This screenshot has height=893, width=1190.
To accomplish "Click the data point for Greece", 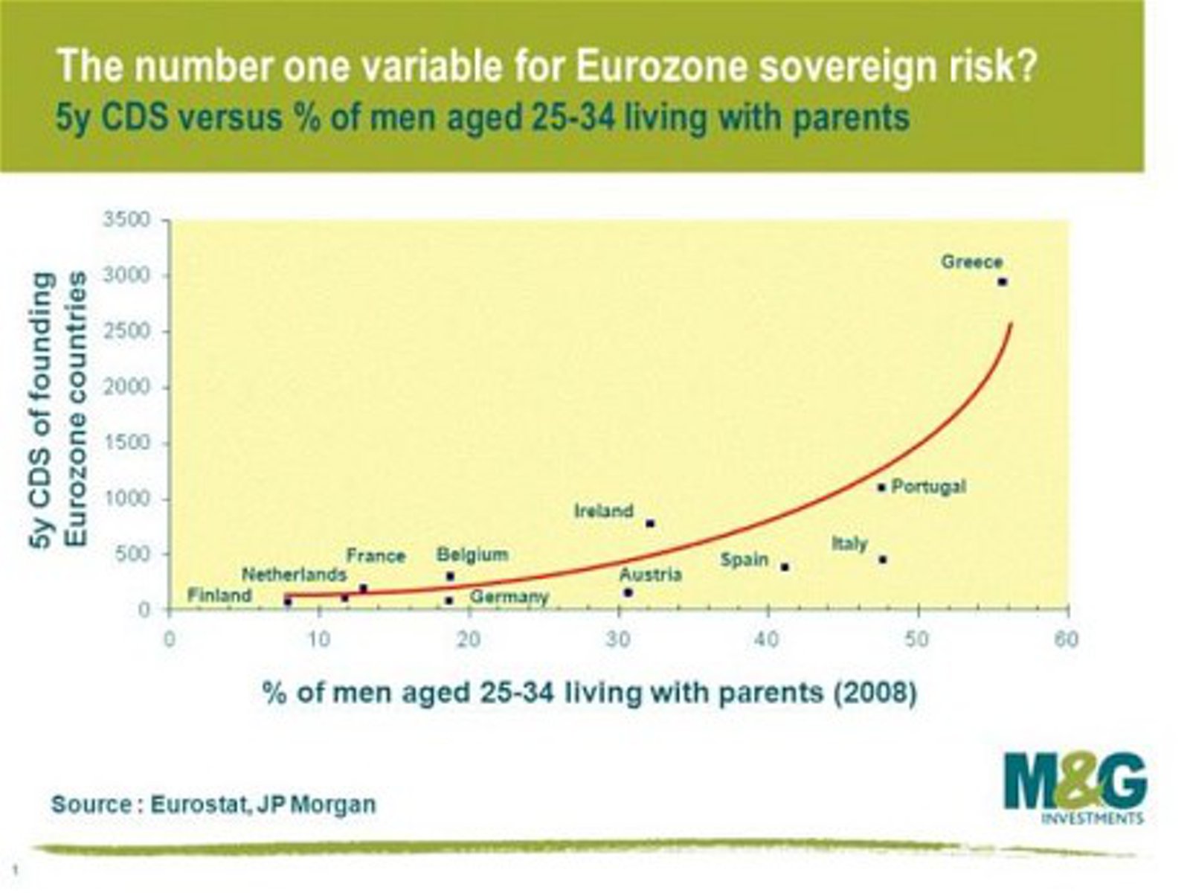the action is (x=1002, y=281).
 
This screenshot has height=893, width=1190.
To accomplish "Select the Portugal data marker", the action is (x=881, y=487).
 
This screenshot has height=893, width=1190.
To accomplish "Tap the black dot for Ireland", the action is (x=650, y=523).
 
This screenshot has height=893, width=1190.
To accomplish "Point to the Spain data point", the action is (x=785, y=567).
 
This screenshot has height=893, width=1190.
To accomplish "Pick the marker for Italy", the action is (x=883, y=560).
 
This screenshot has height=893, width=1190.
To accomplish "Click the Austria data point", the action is (x=628, y=592).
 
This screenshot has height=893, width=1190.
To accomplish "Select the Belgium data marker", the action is (x=450, y=576).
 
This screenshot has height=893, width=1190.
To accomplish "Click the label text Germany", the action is (x=509, y=597).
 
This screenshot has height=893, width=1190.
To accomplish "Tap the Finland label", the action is (x=219, y=595).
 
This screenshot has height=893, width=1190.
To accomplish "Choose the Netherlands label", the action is (x=294, y=574).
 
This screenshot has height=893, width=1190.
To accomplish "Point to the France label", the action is (x=376, y=556).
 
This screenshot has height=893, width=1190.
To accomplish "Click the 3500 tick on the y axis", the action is (x=126, y=220).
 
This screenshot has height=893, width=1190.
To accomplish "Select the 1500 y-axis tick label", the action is (x=126, y=443).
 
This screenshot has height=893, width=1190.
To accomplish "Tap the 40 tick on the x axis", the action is (x=768, y=640).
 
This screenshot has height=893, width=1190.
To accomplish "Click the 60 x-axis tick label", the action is (x=1067, y=640).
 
